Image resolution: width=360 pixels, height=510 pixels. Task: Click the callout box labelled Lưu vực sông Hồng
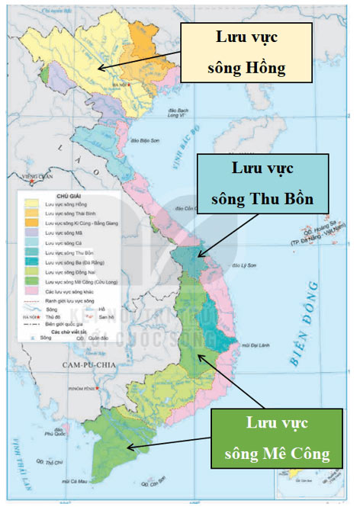[x=246, y=52]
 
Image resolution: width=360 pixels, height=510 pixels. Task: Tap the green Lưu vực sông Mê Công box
[x=277, y=438]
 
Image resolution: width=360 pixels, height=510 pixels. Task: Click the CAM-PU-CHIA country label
[x=85, y=367]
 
